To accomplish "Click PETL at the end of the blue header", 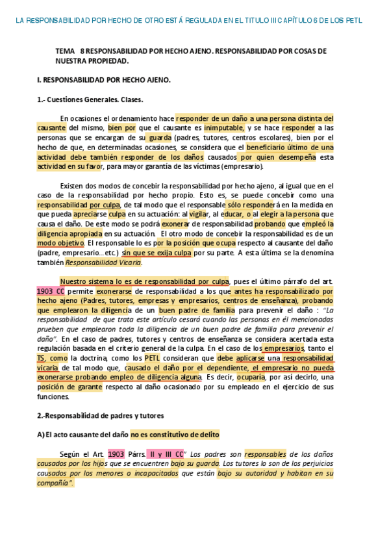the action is pos(352,21).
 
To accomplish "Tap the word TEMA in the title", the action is pos(66,51).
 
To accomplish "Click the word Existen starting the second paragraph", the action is pos(72,186).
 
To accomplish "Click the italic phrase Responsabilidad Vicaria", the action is pos(104,263).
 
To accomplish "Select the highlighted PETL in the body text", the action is pos(152,358).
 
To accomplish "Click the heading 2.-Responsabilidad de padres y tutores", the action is pos(101,415).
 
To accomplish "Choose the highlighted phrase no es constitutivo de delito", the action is pos(175,435).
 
